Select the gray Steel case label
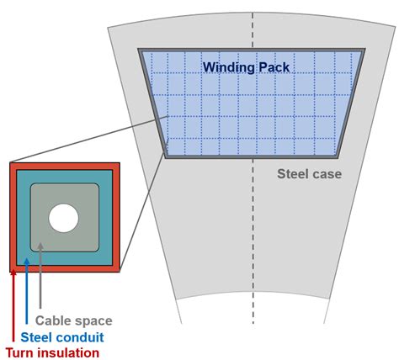[309, 174]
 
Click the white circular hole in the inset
[63, 219]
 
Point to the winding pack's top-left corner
[141, 50]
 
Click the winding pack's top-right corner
[364, 50]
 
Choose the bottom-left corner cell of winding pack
[173, 147]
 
